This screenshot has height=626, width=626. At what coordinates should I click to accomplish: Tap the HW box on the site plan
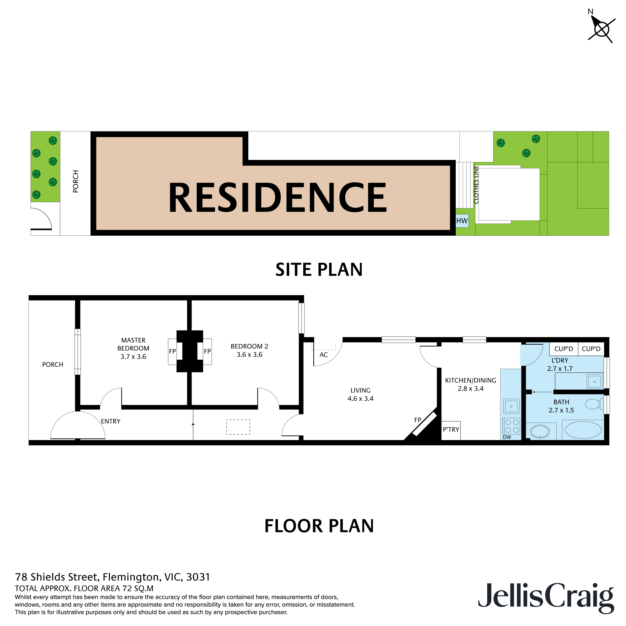click(x=462, y=221)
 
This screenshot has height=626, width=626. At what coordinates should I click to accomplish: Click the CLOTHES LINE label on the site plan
click(x=476, y=185)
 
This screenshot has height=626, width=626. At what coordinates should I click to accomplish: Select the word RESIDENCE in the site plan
click(x=278, y=197)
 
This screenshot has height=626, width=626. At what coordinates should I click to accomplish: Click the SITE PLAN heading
click(x=319, y=269)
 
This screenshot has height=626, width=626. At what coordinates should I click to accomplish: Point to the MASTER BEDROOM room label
click(x=133, y=344)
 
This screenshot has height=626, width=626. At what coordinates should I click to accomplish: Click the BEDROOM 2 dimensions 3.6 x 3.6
click(x=249, y=355)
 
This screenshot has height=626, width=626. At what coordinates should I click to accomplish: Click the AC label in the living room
click(x=323, y=355)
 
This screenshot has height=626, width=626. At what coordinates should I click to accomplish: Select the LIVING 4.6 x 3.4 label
click(x=360, y=394)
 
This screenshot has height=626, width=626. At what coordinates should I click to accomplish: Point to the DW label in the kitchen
click(x=507, y=437)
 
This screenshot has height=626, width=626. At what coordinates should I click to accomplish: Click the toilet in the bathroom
click(x=593, y=404)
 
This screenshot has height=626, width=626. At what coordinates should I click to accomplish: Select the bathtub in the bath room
click(x=583, y=430)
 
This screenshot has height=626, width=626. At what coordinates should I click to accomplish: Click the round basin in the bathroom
click(x=540, y=431)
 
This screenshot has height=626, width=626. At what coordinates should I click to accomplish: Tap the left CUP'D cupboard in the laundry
click(x=563, y=349)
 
